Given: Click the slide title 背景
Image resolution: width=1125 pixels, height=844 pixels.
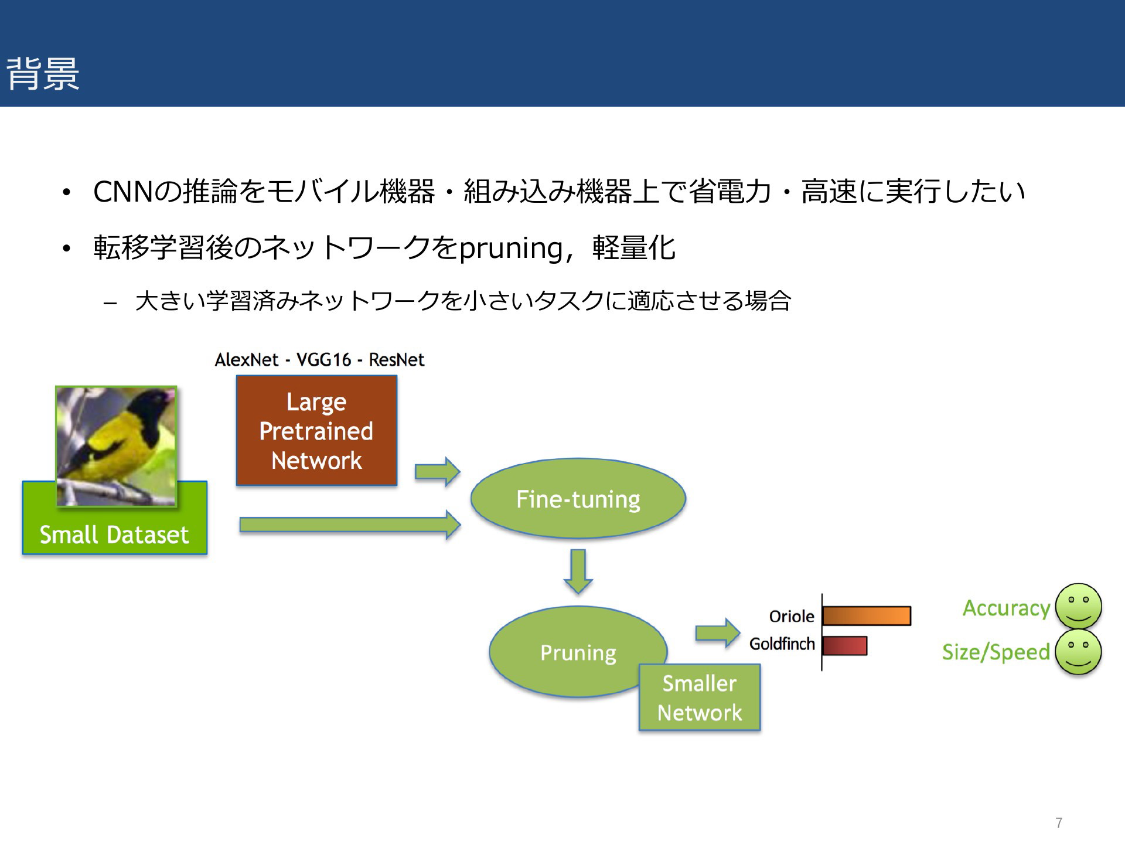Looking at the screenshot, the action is (x=43, y=74).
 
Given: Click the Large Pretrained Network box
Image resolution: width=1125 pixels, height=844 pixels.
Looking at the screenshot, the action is (x=316, y=431).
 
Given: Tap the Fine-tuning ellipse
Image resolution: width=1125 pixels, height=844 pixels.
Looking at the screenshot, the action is (x=578, y=499).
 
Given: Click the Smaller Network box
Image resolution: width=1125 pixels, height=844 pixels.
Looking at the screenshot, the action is (x=700, y=697).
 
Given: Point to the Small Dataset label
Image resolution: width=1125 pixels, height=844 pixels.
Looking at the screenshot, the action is (x=114, y=535).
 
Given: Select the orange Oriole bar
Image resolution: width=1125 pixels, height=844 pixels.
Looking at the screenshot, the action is (x=867, y=616).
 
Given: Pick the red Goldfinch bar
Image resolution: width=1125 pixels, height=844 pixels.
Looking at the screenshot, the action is (x=844, y=645).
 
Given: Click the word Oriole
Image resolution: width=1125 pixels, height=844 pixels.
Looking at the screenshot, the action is (x=792, y=617).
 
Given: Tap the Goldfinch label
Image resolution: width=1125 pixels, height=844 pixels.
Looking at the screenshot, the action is (x=782, y=644).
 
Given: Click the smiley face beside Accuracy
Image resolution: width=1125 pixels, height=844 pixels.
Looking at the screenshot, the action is (x=1079, y=607).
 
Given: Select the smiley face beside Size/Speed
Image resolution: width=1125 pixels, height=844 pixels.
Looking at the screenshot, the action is (x=1079, y=652).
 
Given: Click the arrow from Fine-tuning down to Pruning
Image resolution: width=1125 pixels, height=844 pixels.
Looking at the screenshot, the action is (x=578, y=571).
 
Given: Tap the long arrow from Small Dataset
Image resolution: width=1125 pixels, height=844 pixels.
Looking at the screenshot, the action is (x=350, y=525).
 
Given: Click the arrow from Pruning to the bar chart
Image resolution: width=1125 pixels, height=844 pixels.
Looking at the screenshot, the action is (x=718, y=633).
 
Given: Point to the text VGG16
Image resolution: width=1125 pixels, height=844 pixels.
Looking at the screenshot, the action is (x=324, y=359).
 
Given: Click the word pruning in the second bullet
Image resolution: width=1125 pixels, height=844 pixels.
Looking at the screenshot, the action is (x=511, y=249).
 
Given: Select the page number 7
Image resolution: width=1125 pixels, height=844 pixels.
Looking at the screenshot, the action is (x=1059, y=823).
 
